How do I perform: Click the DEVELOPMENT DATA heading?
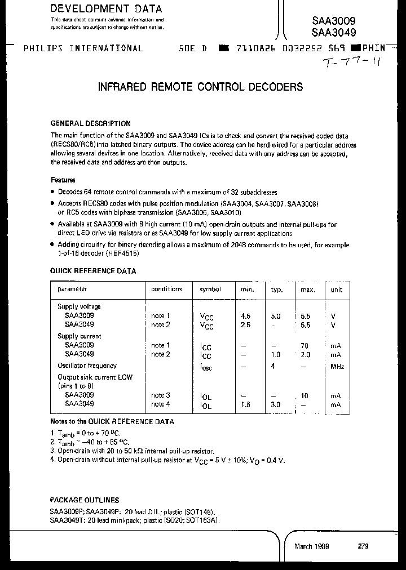coord(106,9)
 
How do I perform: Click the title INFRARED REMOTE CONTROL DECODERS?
coord(200,87)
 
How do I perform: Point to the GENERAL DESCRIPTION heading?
coord(91,123)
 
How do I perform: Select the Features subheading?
coord(63,180)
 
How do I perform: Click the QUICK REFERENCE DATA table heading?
coord(93,271)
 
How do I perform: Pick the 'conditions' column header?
coord(166,289)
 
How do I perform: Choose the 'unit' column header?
coord(337,289)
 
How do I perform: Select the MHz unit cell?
coord(337,367)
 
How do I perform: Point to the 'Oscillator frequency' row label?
coord(87,366)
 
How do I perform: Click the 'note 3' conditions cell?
coord(160,396)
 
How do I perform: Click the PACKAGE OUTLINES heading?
coord(85,500)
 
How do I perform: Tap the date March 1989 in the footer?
coord(312,546)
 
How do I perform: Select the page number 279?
coord(364,546)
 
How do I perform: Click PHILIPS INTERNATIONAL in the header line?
coord(83,48)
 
